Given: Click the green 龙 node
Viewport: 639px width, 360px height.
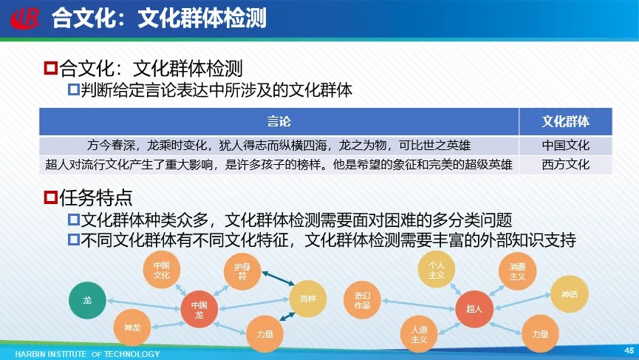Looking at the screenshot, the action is tap(87, 300).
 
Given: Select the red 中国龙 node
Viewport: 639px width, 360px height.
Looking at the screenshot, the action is tap(199, 310).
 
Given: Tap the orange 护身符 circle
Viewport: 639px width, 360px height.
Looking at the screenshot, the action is tap(242, 271).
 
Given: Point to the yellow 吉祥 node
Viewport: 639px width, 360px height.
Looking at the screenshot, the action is tap(308, 299).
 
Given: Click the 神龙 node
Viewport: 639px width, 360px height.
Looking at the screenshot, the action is tap(132, 327).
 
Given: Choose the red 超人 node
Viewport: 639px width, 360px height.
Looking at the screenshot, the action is tap(474, 309).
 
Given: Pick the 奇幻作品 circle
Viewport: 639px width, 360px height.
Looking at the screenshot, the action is tap(362, 300).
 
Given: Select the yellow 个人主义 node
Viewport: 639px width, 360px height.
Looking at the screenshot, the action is tap(437, 270).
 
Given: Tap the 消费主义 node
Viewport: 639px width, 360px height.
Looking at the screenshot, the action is tap(517, 271).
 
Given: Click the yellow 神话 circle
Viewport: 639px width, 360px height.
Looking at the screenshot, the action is tap(570, 294).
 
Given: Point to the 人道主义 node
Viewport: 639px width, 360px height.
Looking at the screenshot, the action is tap(419, 334).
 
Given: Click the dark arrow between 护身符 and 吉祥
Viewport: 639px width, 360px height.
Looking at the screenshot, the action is tap(279, 278).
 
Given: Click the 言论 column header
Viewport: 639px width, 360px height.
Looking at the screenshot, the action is tap(279, 121).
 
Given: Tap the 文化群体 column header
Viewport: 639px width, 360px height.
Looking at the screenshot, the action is tap(566, 121).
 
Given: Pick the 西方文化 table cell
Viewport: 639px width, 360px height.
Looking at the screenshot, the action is tap(566, 165).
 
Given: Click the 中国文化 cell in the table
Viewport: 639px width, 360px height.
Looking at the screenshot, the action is tap(566, 145).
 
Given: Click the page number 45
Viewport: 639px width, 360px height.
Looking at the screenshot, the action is tap(629, 350).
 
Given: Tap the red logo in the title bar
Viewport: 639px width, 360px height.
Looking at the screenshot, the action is tap(25, 18).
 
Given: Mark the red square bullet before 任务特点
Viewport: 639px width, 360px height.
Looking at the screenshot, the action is tap(50, 197).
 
